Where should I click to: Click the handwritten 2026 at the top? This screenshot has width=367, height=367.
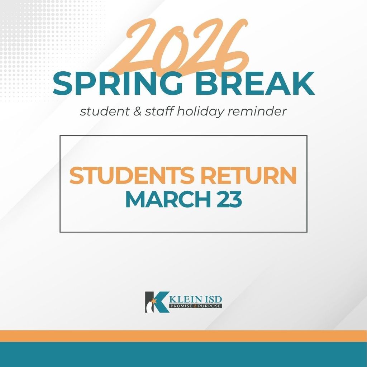(x=183, y=47)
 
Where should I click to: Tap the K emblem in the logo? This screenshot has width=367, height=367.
(x=157, y=302)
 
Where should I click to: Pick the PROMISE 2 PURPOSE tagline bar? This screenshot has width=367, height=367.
(x=196, y=306)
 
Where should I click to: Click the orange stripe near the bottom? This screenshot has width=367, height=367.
(x=183, y=336)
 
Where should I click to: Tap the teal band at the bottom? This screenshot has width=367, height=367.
(x=183, y=354)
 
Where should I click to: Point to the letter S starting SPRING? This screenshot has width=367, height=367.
(x=63, y=84)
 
